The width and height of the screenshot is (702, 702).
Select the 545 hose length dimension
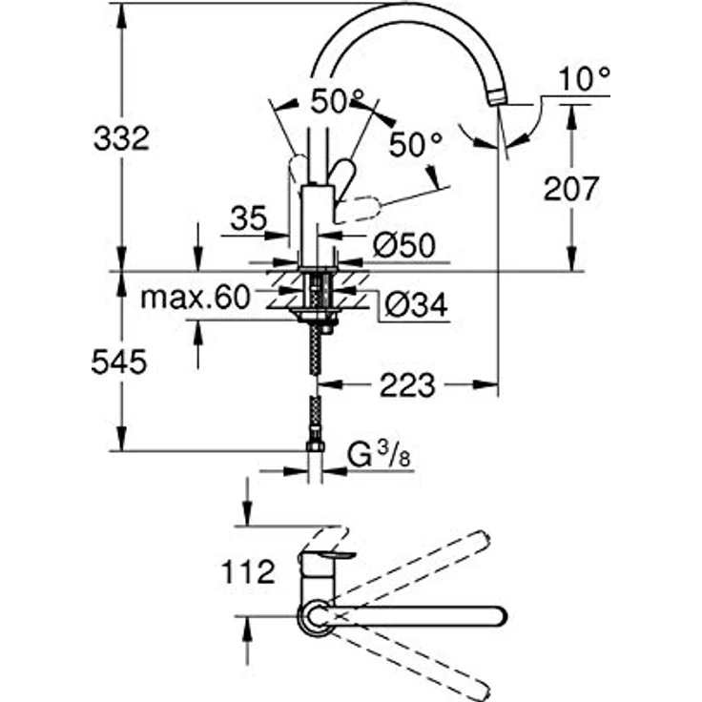point(119,362)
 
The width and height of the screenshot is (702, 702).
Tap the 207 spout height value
point(572,188)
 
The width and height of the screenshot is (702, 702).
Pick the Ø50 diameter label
point(404,245)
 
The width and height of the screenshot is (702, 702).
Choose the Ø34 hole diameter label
point(417,304)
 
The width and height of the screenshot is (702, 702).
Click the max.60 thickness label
point(195,299)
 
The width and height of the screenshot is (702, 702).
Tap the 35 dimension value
point(247,219)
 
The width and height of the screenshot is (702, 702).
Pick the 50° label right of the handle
point(417,145)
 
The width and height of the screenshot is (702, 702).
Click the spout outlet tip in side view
point(497,97)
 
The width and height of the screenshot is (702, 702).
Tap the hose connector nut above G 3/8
point(315,446)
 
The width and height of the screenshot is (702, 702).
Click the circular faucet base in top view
point(316,617)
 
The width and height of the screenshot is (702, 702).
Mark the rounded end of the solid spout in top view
point(497,615)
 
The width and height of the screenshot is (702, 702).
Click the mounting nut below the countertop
point(315,318)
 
